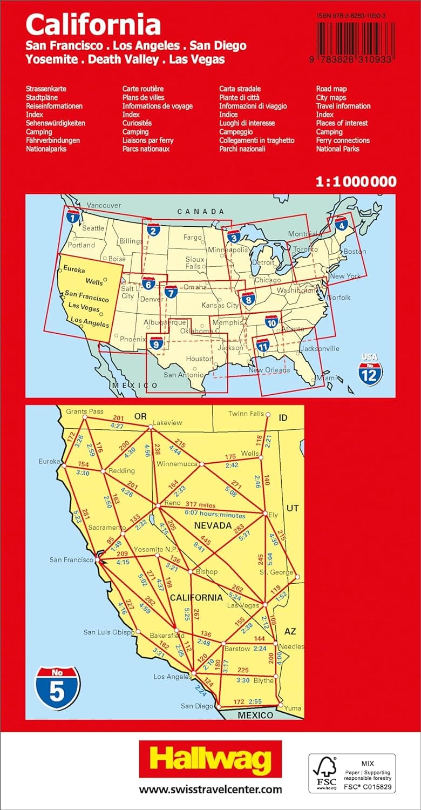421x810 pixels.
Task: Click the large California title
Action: point(93,25)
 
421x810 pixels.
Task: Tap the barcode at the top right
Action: point(356,40)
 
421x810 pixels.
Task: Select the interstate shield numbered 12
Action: point(370,372)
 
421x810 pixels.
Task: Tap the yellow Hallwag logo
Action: point(210,761)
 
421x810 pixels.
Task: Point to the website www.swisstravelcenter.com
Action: point(210,789)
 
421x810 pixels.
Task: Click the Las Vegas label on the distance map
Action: point(243,605)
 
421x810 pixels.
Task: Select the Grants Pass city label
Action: point(85,411)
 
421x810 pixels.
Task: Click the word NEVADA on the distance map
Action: point(213,525)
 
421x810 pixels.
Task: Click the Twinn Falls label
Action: point(246,414)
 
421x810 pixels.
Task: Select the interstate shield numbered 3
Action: point(234,236)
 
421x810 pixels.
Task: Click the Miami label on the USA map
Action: point(325,378)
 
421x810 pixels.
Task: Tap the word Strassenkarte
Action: point(46,89)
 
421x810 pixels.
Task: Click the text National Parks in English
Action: point(337,149)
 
